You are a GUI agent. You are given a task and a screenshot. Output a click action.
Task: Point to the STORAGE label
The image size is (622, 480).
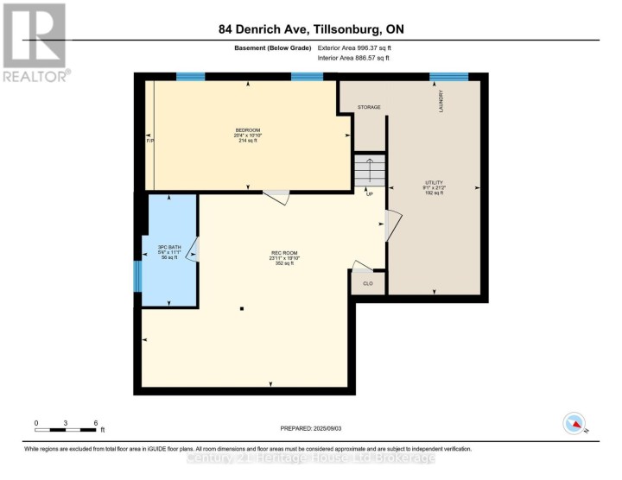click(370, 107)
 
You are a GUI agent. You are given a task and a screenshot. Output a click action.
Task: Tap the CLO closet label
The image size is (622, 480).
click(367, 281)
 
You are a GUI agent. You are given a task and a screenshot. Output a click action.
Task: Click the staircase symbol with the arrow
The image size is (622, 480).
click(369, 169)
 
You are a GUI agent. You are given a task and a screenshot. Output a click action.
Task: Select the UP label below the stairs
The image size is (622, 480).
click(369, 193)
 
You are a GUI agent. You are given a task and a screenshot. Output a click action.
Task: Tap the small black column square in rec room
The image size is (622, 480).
click(243, 308)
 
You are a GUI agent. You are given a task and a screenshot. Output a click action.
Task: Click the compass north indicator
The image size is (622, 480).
click(574, 424)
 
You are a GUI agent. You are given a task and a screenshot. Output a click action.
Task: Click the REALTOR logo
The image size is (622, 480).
click(35, 42)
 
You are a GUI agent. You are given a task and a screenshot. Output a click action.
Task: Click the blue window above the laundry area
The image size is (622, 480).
click(448, 77)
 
